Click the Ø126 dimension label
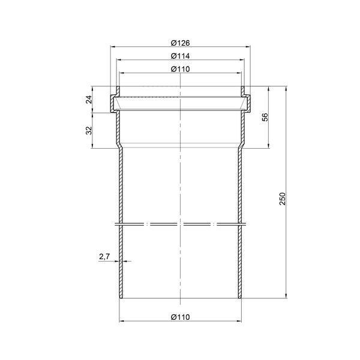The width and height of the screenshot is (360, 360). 181,43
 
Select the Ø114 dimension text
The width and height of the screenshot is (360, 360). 181,56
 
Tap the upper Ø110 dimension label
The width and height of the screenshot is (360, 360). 181,69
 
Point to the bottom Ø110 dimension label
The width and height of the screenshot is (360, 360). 181,317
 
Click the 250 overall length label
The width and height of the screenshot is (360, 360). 283,199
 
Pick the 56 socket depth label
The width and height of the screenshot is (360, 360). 265,117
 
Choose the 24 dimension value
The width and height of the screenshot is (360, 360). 89,100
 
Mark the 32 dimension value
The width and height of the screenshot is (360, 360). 89,130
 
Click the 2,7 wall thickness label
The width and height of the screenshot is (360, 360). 104,257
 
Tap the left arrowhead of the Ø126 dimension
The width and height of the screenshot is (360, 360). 113,47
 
